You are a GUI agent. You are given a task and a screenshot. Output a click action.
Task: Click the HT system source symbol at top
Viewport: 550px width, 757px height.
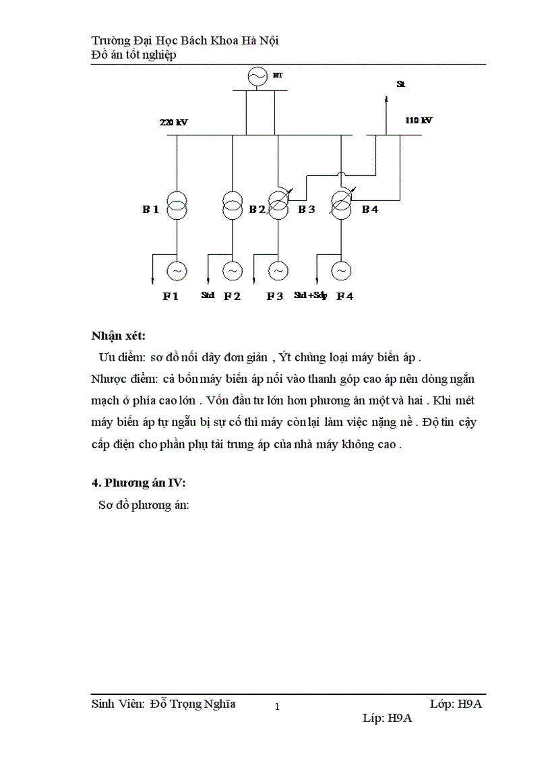point(256,78)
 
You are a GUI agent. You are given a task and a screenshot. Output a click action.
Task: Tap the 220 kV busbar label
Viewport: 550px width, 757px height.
point(173,123)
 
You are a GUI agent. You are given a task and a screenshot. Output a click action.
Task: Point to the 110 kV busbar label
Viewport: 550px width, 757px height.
point(419,121)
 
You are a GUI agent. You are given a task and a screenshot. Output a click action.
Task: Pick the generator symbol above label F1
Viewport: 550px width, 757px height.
point(177,271)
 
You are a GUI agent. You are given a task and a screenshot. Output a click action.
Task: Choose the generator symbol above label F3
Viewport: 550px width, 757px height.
point(278,271)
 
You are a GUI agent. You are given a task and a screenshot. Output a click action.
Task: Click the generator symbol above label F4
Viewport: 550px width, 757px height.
point(341,271)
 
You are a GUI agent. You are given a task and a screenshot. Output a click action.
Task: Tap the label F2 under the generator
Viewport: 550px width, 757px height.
point(232,296)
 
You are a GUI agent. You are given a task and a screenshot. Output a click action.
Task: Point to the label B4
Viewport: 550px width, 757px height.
point(370,210)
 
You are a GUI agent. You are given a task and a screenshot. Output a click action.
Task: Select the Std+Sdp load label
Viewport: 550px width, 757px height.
point(310,295)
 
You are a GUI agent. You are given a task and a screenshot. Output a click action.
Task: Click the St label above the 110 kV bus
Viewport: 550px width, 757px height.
point(400,84)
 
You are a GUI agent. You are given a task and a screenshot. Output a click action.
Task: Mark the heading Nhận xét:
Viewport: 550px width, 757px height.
point(119,336)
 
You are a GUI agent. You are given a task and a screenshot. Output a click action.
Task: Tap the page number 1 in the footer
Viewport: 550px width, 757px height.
point(277,707)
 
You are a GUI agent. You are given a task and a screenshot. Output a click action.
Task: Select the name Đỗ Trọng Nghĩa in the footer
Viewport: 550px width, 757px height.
point(193,704)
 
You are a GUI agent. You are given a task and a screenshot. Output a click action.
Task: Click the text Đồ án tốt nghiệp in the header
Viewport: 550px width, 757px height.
point(133,55)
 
